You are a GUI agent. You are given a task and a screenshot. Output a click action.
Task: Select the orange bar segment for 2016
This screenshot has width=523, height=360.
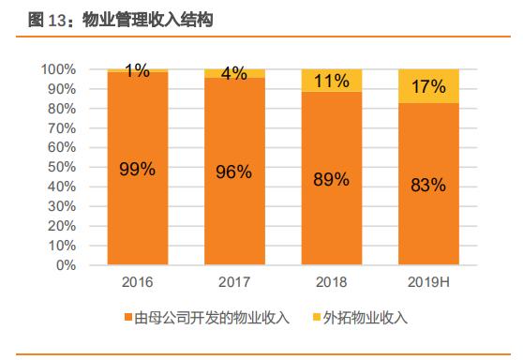(x=137, y=206)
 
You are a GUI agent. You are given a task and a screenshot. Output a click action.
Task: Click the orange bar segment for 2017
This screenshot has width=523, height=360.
(x=233, y=216)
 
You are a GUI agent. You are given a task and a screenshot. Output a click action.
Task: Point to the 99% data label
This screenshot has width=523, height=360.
(x=137, y=169)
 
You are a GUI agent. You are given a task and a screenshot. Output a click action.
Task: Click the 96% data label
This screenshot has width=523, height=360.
(x=233, y=171)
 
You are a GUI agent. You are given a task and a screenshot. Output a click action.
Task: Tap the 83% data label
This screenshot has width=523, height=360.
(x=428, y=186)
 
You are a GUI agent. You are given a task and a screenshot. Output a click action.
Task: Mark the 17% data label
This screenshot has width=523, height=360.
(x=428, y=87)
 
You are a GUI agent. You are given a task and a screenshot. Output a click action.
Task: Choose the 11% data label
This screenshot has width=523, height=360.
(x=331, y=81)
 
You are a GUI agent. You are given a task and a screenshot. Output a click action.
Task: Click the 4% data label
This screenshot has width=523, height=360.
(x=233, y=74)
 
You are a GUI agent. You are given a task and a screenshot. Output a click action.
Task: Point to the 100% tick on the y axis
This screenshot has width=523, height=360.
(x=58, y=69)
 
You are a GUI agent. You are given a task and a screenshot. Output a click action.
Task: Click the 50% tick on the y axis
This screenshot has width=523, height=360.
(x=61, y=167)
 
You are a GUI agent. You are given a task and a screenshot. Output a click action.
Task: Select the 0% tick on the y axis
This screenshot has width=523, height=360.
(x=65, y=265)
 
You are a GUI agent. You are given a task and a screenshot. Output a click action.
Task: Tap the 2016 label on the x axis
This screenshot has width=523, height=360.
(x=137, y=281)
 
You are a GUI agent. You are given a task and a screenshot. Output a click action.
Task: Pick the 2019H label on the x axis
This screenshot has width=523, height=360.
(x=428, y=281)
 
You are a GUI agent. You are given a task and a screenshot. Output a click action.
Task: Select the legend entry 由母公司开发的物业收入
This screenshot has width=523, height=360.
(x=207, y=319)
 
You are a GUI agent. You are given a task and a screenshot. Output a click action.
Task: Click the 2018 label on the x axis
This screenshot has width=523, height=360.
(x=331, y=281)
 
